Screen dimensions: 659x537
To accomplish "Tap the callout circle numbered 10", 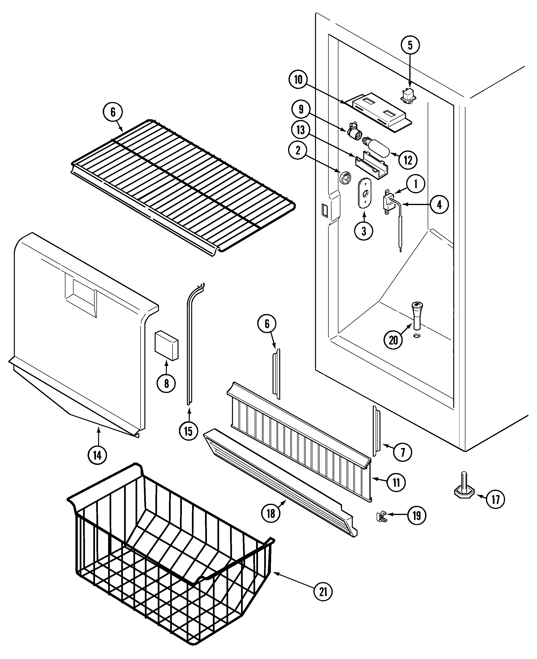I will point(298,80).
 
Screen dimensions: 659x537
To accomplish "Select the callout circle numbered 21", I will point(323,592).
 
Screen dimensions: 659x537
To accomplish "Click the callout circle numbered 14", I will point(97,455).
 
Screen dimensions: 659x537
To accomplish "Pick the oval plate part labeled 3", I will point(365,193).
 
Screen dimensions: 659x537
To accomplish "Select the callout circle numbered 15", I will point(188,431).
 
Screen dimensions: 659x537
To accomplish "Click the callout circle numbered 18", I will point(271,514).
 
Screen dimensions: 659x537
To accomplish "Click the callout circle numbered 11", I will point(396,482).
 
